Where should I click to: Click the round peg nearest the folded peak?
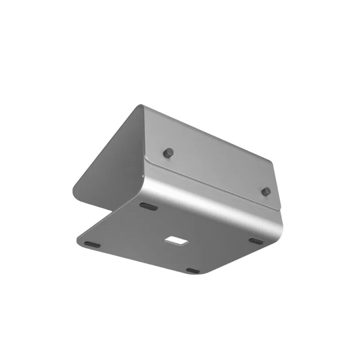pyautogui.click(x=168, y=153)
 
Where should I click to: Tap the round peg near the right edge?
pyautogui.click(x=266, y=191)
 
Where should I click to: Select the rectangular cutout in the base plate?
pyautogui.click(x=176, y=241)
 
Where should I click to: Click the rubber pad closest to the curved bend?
pyautogui.click(x=149, y=207)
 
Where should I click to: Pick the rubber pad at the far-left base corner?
pyautogui.click(x=92, y=245)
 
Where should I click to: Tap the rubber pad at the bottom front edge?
pyautogui.click(x=193, y=271)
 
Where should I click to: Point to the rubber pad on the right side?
pyautogui.click(x=256, y=241)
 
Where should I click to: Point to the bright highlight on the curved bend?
pyautogui.click(x=207, y=200)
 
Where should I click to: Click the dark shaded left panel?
pyautogui.click(x=110, y=160)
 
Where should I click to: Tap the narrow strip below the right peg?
pyautogui.click(x=270, y=203)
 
